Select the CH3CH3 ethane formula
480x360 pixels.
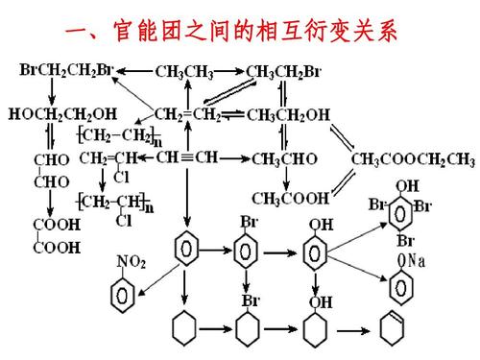coord(185,70)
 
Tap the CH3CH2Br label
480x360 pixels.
coord(285,70)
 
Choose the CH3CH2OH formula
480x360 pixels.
coord(288,114)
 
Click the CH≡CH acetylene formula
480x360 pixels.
coord(187,156)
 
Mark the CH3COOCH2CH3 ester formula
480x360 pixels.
coord(413,157)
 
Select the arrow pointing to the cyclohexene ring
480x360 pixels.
coord(356,332)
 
